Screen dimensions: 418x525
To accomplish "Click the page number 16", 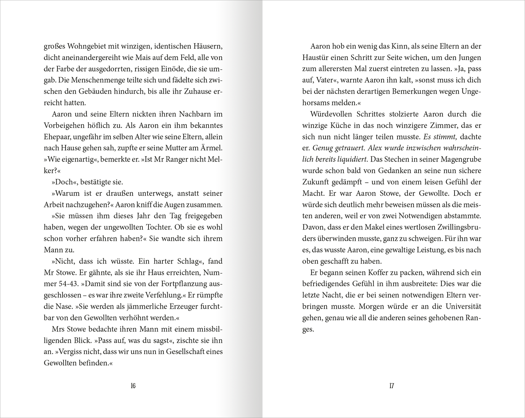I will tap(133, 386).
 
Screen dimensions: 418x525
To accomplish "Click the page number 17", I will tap(391, 386).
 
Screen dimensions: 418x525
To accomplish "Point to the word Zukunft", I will tap(316, 182).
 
